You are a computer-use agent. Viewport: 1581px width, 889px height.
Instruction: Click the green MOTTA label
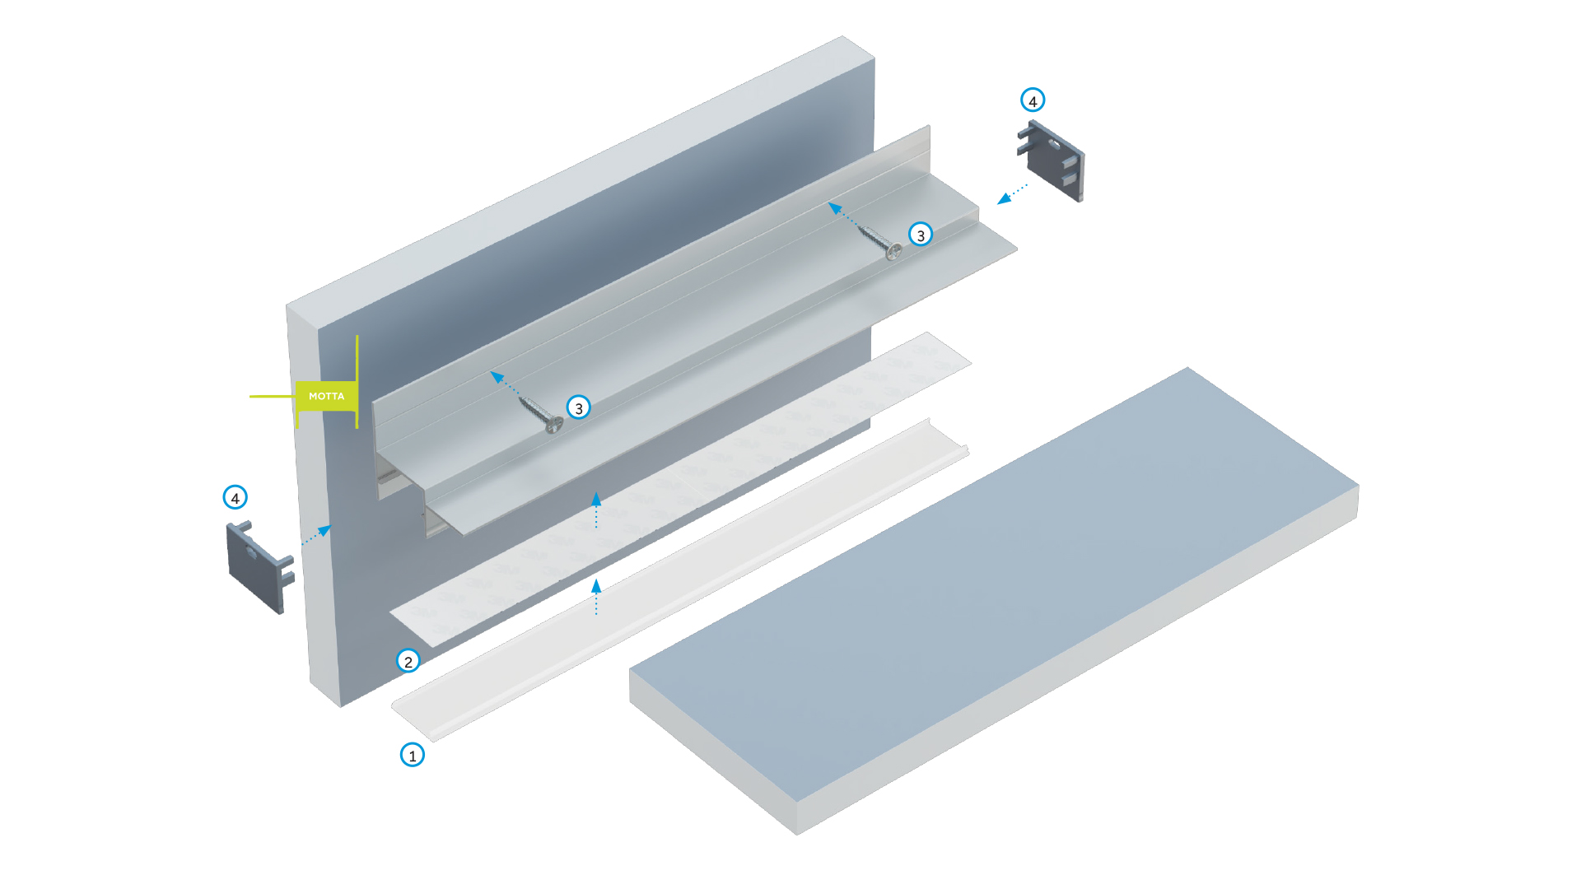(326, 396)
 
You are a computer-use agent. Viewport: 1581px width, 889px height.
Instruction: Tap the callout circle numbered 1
(413, 755)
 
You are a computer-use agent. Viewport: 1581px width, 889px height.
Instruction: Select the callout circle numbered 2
(408, 661)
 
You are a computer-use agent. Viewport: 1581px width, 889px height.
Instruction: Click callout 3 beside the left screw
(579, 407)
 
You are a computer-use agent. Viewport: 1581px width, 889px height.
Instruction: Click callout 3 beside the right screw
(921, 235)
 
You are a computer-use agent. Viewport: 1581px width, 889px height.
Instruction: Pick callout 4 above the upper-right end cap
(1033, 100)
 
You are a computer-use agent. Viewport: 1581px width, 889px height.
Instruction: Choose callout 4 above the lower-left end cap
(236, 497)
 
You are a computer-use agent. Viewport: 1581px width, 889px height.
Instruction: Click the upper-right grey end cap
(1054, 161)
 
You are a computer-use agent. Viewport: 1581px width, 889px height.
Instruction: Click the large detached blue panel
(988, 593)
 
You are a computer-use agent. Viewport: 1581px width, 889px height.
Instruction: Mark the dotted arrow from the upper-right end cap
(1012, 194)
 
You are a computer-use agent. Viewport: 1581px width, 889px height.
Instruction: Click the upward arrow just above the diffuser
(596, 597)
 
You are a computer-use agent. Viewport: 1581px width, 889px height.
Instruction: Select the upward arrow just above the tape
(596, 510)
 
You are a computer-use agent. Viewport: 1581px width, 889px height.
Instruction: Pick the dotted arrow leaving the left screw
(505, 384)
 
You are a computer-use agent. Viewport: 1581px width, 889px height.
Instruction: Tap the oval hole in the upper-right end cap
(1055, 144)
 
